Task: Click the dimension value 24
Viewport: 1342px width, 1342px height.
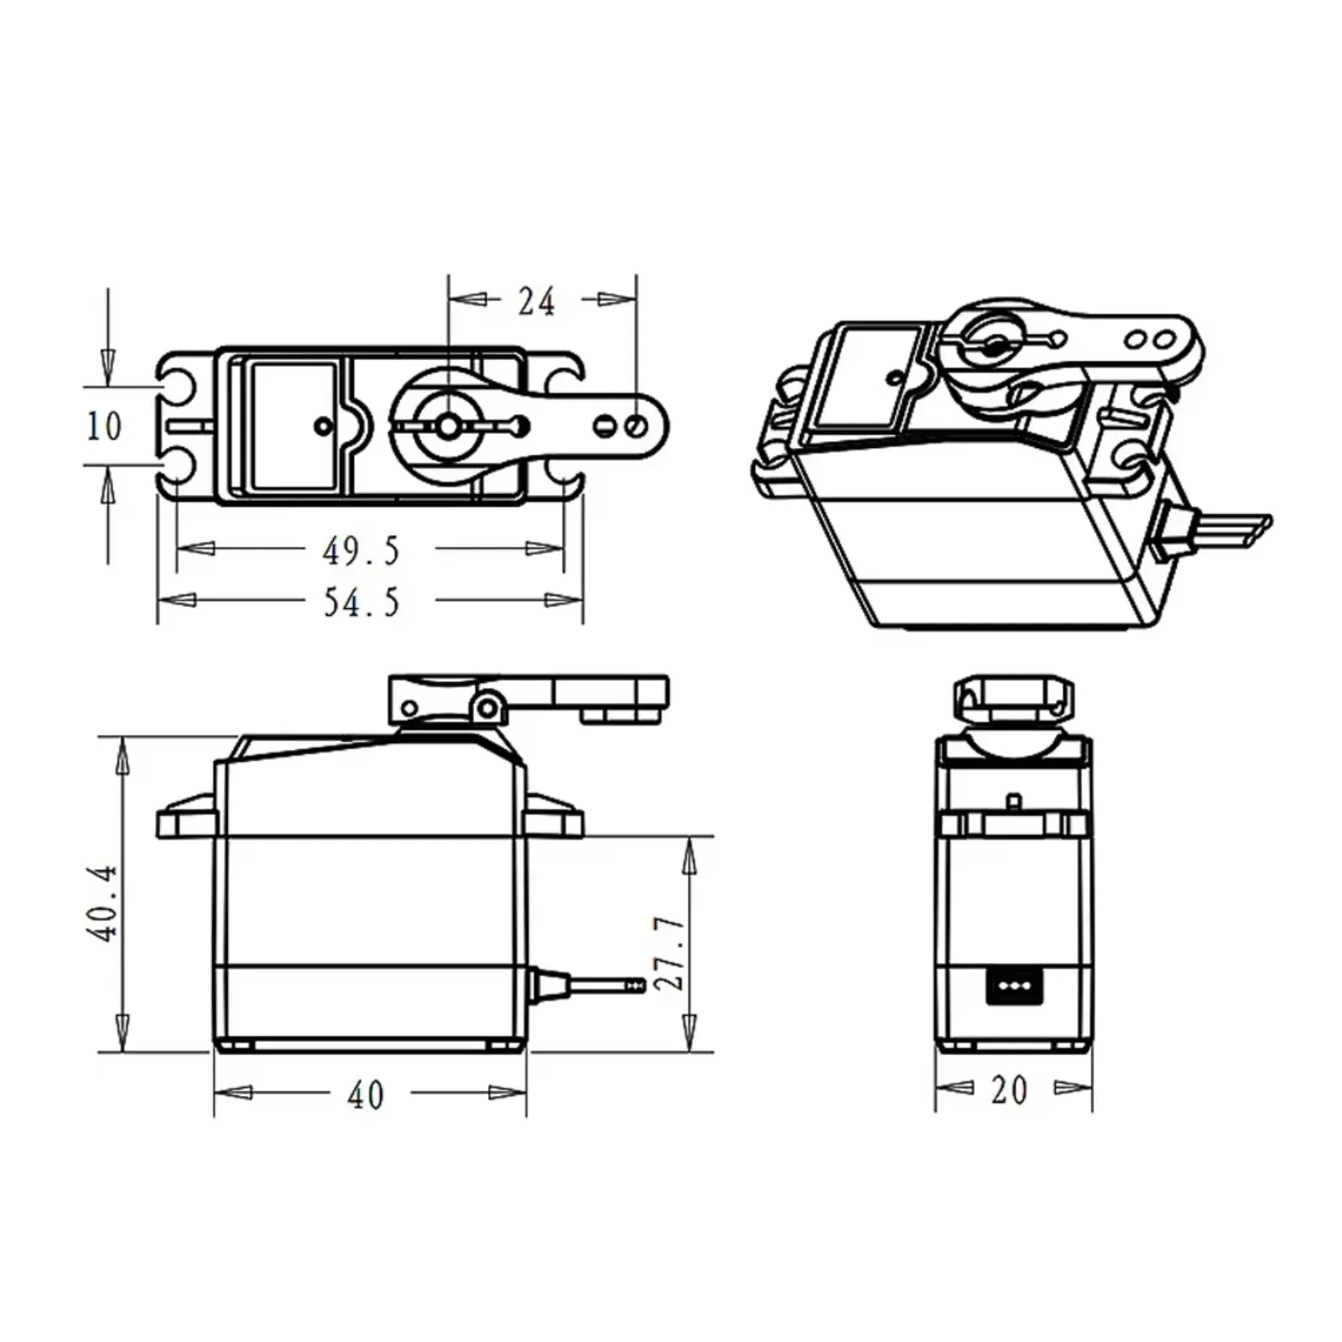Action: coord(536,301)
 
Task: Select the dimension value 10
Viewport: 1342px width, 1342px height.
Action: coord(104,426)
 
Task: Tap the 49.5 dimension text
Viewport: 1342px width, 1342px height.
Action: coord(362,551)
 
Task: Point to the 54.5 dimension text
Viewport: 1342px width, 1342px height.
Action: coord(362,602)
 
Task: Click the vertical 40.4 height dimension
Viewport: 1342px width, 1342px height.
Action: coord(101,903)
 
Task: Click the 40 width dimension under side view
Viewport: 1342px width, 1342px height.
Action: coord(366,1095)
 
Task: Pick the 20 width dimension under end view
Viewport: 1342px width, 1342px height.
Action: coord(1008,1090)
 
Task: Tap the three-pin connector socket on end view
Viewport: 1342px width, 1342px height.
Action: coord(1014,986)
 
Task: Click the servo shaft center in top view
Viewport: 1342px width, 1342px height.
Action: coord(448,426)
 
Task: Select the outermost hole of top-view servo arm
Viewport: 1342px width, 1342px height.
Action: coord(635,426)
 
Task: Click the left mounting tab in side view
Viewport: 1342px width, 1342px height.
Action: coord(186,817)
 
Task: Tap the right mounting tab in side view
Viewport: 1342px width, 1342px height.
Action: coord(554,817)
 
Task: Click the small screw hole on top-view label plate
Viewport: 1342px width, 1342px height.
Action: coord(323,426)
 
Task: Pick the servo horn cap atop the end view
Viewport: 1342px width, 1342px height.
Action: coord(1013,699)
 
